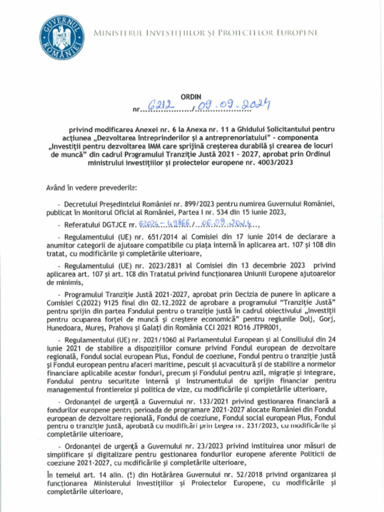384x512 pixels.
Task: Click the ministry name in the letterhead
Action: tap(205, 32)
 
